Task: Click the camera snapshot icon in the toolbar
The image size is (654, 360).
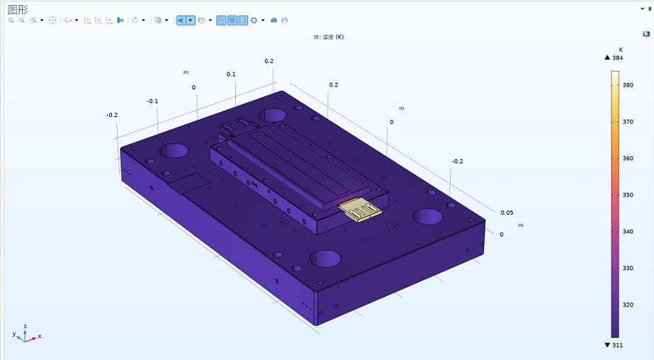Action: [x=274, y=20]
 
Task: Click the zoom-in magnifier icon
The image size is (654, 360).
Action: [x=11, y=20]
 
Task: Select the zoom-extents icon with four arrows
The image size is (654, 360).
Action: [x=52, y=20]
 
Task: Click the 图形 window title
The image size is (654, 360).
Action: [x=18, y=10]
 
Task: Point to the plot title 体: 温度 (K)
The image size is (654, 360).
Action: [x=329, y=37]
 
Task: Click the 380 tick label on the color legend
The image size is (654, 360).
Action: [x=628, y=85]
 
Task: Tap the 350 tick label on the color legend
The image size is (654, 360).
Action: [x=628, y=195]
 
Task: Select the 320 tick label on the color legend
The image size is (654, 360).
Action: [x=628, y=305]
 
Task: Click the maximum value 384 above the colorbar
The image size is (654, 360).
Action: [x=618, y=58]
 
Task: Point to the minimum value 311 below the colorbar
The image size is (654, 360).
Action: [x=618, y=345]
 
